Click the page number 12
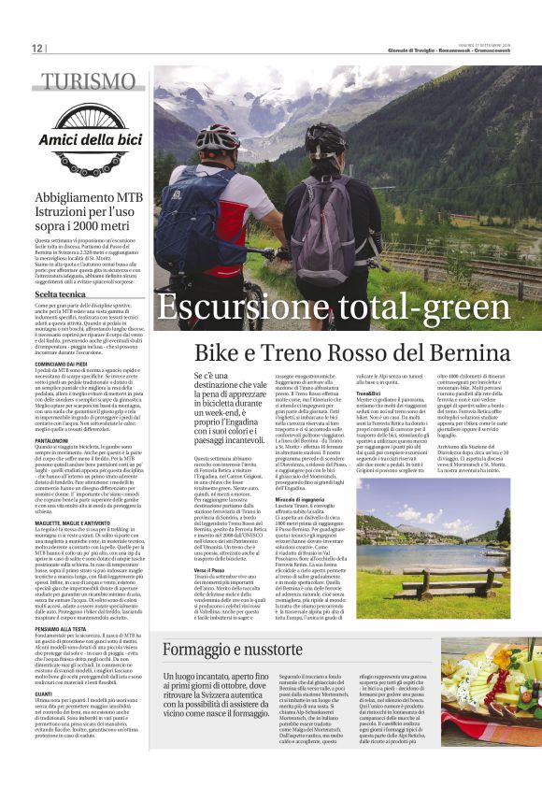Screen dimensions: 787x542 point(37,49)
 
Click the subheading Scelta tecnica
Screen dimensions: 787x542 point(61,294)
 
